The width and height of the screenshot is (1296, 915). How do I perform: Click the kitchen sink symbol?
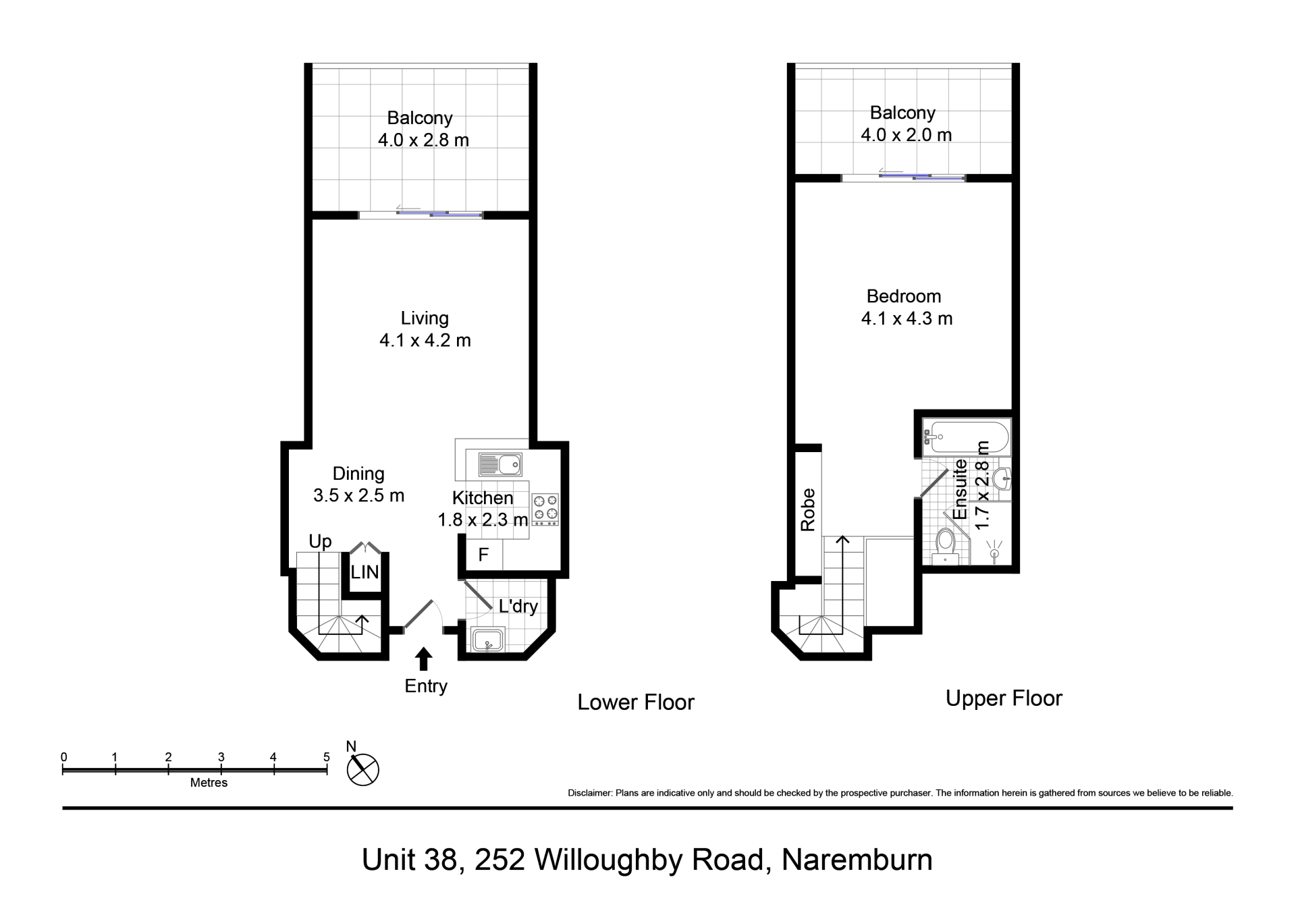(x=500, y=465)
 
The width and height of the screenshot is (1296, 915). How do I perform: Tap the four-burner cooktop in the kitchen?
(x=545, y=509)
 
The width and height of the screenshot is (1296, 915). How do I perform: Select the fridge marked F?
(x=483, y=555)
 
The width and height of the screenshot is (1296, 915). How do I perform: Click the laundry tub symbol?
(x=488, y=640)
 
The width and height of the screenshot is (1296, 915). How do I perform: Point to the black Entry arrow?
(x=424, y=659)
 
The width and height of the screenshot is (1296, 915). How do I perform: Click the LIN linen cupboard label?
(x=364, y=573)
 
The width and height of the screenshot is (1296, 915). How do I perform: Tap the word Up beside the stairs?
(x=321, y=541)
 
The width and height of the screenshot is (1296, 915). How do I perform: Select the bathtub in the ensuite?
(x=966, y=437)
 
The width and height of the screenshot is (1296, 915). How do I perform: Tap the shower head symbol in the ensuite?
(x=994, y=550)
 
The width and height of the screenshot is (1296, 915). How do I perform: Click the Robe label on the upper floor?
(x=807, y=509)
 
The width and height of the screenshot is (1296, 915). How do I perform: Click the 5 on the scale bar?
(x=327, y=757)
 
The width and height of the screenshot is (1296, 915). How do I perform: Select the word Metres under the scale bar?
(x=209, y=783)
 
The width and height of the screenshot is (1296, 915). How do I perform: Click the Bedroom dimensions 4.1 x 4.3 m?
(x=907, y=318)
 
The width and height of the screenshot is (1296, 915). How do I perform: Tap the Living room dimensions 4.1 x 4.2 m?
(x=425, y=340)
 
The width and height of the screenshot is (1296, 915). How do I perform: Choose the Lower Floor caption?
(x=636, y=702)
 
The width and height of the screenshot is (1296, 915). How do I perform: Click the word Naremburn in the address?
(x=857, y=860)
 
